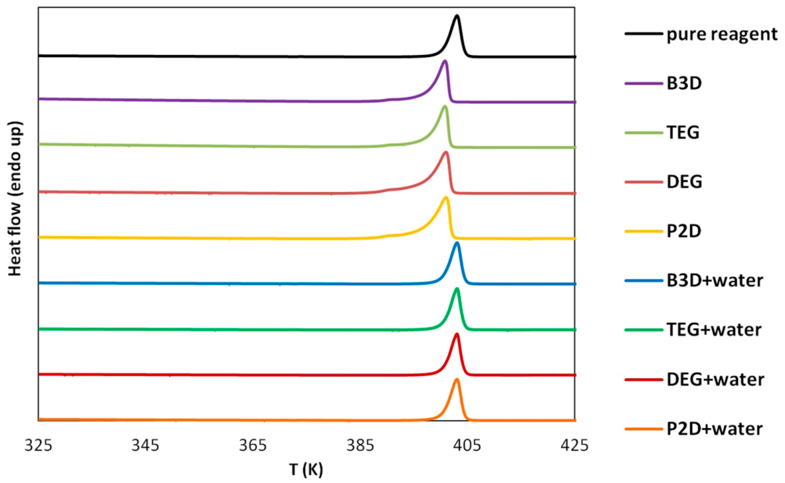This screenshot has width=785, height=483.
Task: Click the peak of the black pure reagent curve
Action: coord(457,16)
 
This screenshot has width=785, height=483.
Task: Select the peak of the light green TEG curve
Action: coord(445,106)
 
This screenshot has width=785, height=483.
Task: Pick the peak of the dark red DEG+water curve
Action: coord(456,334)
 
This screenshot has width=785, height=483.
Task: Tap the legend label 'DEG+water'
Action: coord(715,380)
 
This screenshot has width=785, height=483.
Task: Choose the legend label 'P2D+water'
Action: coord(714,429)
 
